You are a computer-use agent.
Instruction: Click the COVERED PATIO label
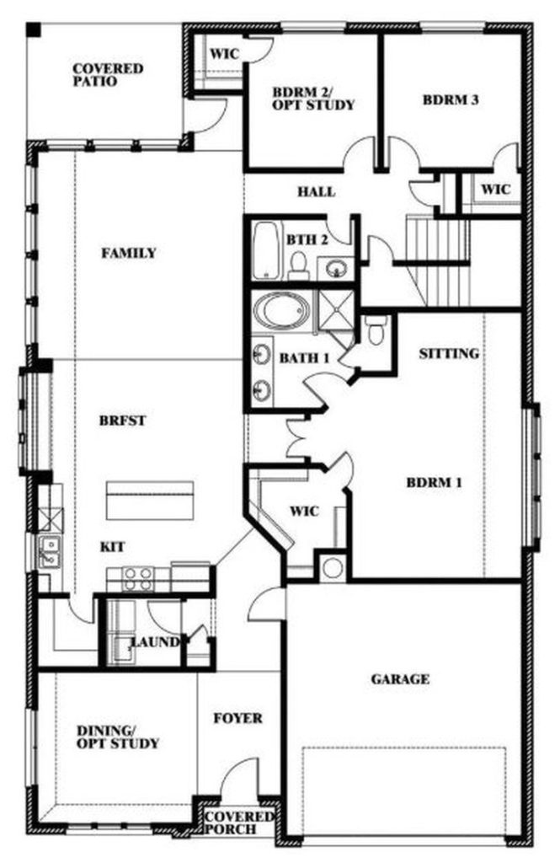(x=108, y=75)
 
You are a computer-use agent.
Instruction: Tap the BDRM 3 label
(x=450, y=100)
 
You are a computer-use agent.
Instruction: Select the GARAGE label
(x=400, y=679)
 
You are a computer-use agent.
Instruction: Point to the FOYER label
(x=237, y=718)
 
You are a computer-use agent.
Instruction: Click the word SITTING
(x=449, y=353)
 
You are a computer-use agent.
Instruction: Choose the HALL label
(x=317, y=191)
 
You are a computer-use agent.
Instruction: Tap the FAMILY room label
(x=129, y=253)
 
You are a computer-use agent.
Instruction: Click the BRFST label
(x=123, y=421)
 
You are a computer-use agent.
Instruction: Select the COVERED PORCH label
(x=238, y=823)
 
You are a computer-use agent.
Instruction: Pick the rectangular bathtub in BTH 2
(x=267, y=249)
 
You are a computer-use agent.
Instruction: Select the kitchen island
(x=150, y=501)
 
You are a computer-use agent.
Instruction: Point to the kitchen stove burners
(x=137, y=579)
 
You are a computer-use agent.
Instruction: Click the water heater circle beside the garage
(x=333, y=567)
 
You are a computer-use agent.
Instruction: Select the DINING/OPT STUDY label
(x=117, y=737)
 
